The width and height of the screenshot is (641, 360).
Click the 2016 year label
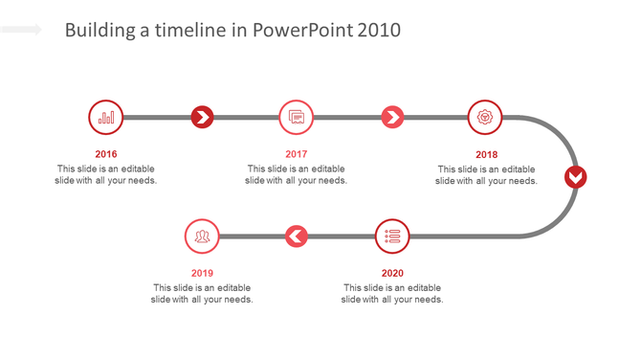pos(106,154)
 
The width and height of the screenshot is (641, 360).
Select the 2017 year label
pos(297,154)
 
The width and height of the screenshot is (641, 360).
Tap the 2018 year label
pos(487,154)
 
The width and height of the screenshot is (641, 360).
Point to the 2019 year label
pos(202,273)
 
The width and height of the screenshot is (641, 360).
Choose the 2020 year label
pos(392,273)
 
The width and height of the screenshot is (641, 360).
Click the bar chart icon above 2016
pos(106,118)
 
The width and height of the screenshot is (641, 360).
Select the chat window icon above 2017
pos(297,118)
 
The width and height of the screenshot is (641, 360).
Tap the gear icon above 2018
pos(487,118)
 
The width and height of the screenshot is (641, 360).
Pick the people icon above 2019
pos(202,236)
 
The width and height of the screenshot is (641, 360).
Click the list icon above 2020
pos(392,236)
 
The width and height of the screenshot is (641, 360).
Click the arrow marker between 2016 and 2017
pos(202,118)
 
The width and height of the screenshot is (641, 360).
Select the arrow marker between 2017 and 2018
pos(392,118)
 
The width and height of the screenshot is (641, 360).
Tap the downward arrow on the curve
pos(575,177)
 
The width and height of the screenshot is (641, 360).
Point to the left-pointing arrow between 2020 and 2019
pos(297,236)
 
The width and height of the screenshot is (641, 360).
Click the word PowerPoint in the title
pos(303,31)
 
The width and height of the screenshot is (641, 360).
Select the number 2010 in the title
pos(379,31)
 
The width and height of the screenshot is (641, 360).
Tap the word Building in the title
pos(99,31)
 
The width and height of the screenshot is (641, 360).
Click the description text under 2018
pos(487,175)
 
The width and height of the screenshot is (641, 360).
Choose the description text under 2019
pos(202,293)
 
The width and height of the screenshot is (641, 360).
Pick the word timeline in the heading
pos(190,31)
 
